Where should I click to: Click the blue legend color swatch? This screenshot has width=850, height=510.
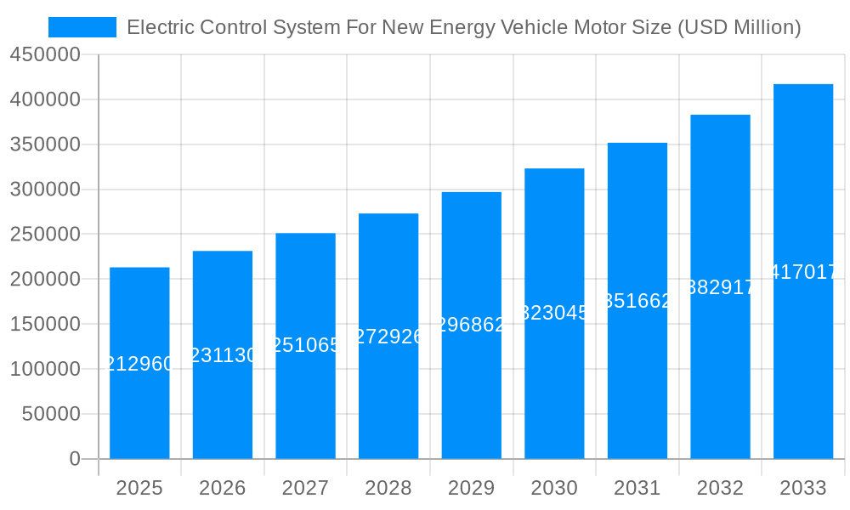pyautogui.click(x=82, y=27)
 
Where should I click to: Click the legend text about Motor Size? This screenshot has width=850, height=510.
pyautogui.click(x=463, y=27)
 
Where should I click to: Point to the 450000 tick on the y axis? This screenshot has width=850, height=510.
pyautogui.click(x=44, y=55)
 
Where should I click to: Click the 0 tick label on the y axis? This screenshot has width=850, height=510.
pyautogui.click(x=75, y=459)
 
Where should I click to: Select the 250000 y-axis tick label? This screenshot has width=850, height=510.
pyautogui.click(x=44, y=235)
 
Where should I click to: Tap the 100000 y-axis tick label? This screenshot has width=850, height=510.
pyautogui.click(x=44, y=369)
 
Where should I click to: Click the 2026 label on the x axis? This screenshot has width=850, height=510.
pyautogui.click(x=223, y=488)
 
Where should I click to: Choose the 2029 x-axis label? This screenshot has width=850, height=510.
pyautogui.click(x=471, y=488)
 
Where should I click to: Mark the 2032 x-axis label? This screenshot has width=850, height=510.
pyautogui.click(x=720, y=488)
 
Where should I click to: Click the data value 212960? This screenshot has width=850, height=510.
pyautogui.click(x=139, y=364)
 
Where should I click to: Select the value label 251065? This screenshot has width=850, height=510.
pyautogui.click(x=305, y=345)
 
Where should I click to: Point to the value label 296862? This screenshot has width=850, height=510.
pyautogui.click(x=471, y=325)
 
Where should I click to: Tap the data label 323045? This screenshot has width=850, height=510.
pyautogui.click(x=554, y=313)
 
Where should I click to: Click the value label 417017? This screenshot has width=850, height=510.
pyautogui.click(x=803, y=272)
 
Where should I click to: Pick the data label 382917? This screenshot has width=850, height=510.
pyautogui.click(x=720, y=287)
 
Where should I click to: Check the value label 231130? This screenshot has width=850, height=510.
pyautogui.click(x=223, y=355)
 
